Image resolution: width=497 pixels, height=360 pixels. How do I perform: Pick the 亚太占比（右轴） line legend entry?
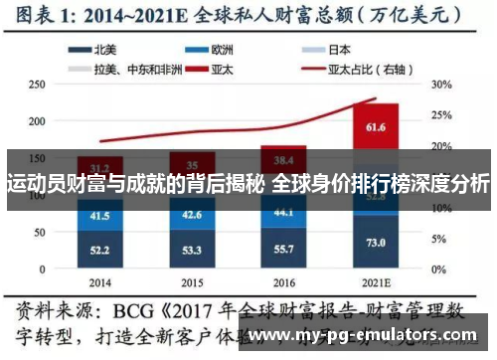point(363,69)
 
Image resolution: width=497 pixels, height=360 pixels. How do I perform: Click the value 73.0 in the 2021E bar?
point(375,243)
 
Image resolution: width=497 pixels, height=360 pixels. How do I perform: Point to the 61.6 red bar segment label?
point(375,127)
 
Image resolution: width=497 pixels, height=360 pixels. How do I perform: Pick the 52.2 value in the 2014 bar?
point(99,250)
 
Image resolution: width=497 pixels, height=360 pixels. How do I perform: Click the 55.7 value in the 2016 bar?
point(283,248)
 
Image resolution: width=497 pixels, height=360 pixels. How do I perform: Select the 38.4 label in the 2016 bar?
point(283,160)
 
